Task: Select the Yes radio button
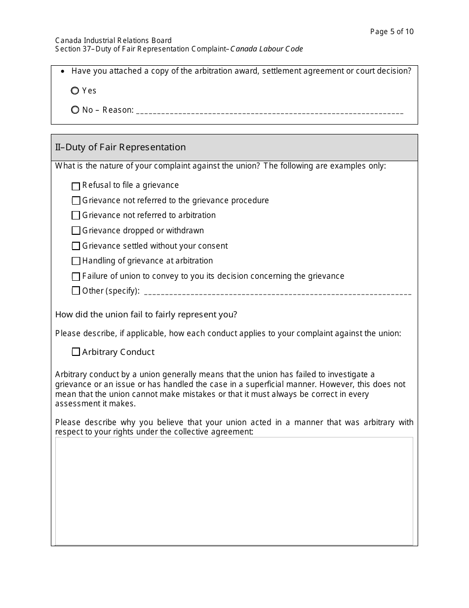(75, 91)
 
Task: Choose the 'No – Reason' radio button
(75, 110)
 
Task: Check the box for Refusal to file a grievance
(76, 186)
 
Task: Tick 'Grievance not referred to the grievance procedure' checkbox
(76, 201)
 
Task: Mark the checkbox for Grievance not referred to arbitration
(76, 216)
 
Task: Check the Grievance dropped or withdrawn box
(76, 231)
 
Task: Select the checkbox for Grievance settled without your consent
(76, 246)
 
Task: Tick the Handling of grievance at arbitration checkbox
(76, 261)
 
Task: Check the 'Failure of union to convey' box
(76, 276)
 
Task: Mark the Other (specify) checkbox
(76, 291)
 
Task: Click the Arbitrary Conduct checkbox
(76, 352)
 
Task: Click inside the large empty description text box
(234, 491)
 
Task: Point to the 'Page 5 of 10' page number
(392, 32)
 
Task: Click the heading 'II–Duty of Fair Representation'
(120, 147)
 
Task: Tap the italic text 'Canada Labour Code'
(267, 49)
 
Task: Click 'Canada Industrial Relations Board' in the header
(114, 41)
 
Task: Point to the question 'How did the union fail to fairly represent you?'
(146, 314)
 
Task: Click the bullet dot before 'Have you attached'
(62, 72)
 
